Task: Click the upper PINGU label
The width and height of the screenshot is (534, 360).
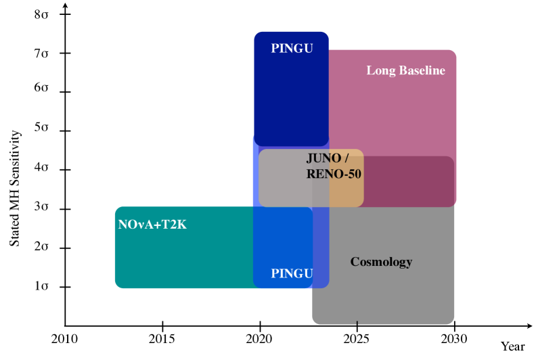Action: point(292,49)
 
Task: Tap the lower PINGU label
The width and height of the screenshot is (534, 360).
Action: point(292,273)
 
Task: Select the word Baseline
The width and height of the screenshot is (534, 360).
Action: point(422,70)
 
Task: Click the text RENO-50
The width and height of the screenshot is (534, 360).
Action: point(334,174)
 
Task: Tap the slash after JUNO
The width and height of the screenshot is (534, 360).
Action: point(347,158)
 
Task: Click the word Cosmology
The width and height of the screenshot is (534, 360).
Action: point(381,262)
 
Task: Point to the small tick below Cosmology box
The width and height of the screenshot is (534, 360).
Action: point(357,323)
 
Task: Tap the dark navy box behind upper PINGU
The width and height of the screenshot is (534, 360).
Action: point(291,102)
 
